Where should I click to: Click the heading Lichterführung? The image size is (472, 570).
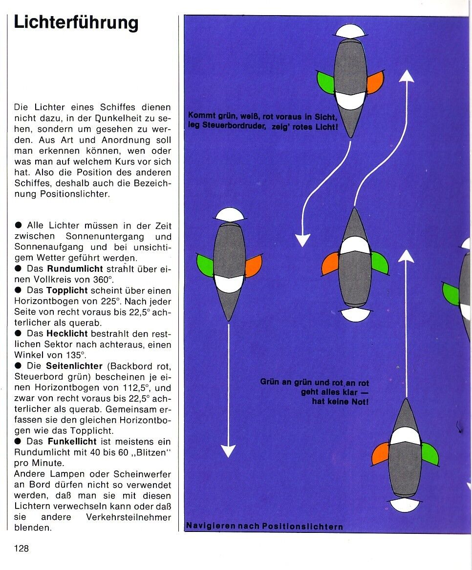(x=76, y=23)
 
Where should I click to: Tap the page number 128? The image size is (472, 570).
(x=21, y=548)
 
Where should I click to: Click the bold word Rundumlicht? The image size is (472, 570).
(x=75, y=269)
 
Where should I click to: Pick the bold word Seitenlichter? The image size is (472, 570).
(x=74, y=366)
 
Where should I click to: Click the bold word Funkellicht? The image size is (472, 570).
(x=72, y=442)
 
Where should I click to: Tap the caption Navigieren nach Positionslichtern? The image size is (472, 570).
(x=264, y=527)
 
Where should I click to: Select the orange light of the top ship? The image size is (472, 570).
(x=375, y=82)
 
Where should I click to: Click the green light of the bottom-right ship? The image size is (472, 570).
(x=429, y=454)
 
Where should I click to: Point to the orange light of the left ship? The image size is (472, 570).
(x=253, y=266)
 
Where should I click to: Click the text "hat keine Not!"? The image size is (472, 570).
(x=340, y=402)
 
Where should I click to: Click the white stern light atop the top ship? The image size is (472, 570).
(x=350, y=31)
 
